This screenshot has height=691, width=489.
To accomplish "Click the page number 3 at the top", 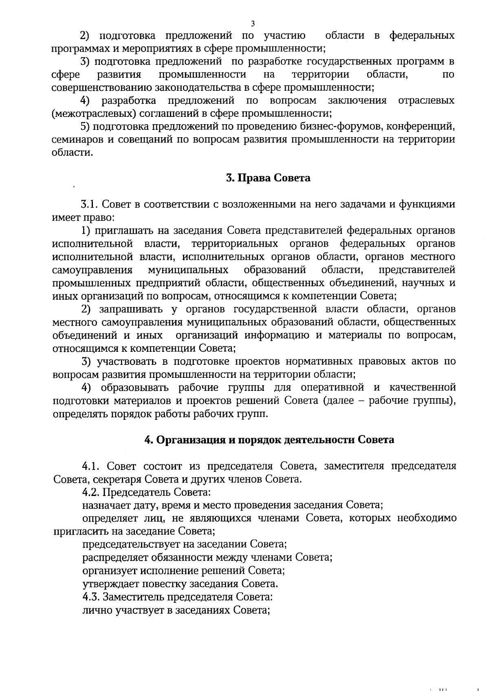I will pyautogui.click(x=253, y=23).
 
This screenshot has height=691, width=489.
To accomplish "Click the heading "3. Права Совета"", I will pyautogui.click(x=268, y=178).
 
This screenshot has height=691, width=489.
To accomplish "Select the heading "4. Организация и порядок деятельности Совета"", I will pyautogui.click(x=269, y=440).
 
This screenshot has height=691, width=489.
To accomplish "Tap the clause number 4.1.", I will pyautogui.click(x=91, y=466).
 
